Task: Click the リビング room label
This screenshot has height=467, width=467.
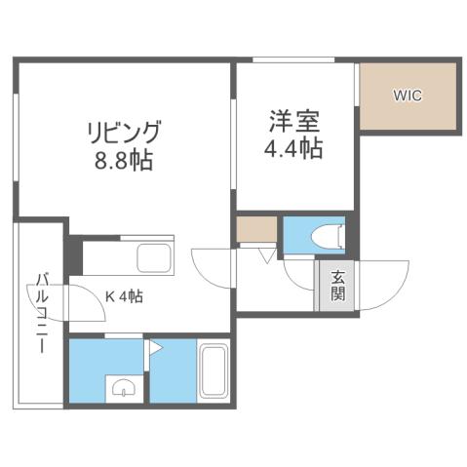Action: [122, 131]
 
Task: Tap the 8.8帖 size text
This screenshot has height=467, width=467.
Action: [122, 160]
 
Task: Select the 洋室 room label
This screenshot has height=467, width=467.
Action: [294, 122]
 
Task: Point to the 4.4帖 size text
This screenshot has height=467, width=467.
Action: [294, 149]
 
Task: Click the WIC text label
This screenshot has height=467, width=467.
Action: [408, 97]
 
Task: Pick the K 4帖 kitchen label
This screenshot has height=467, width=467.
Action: [125, 296]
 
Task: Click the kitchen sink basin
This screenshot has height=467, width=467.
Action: [154, 259]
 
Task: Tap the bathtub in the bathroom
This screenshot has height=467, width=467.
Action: [212, 370]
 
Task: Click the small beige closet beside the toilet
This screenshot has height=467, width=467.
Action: [254, 231]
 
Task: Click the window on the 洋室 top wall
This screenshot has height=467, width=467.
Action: [293, 61]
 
